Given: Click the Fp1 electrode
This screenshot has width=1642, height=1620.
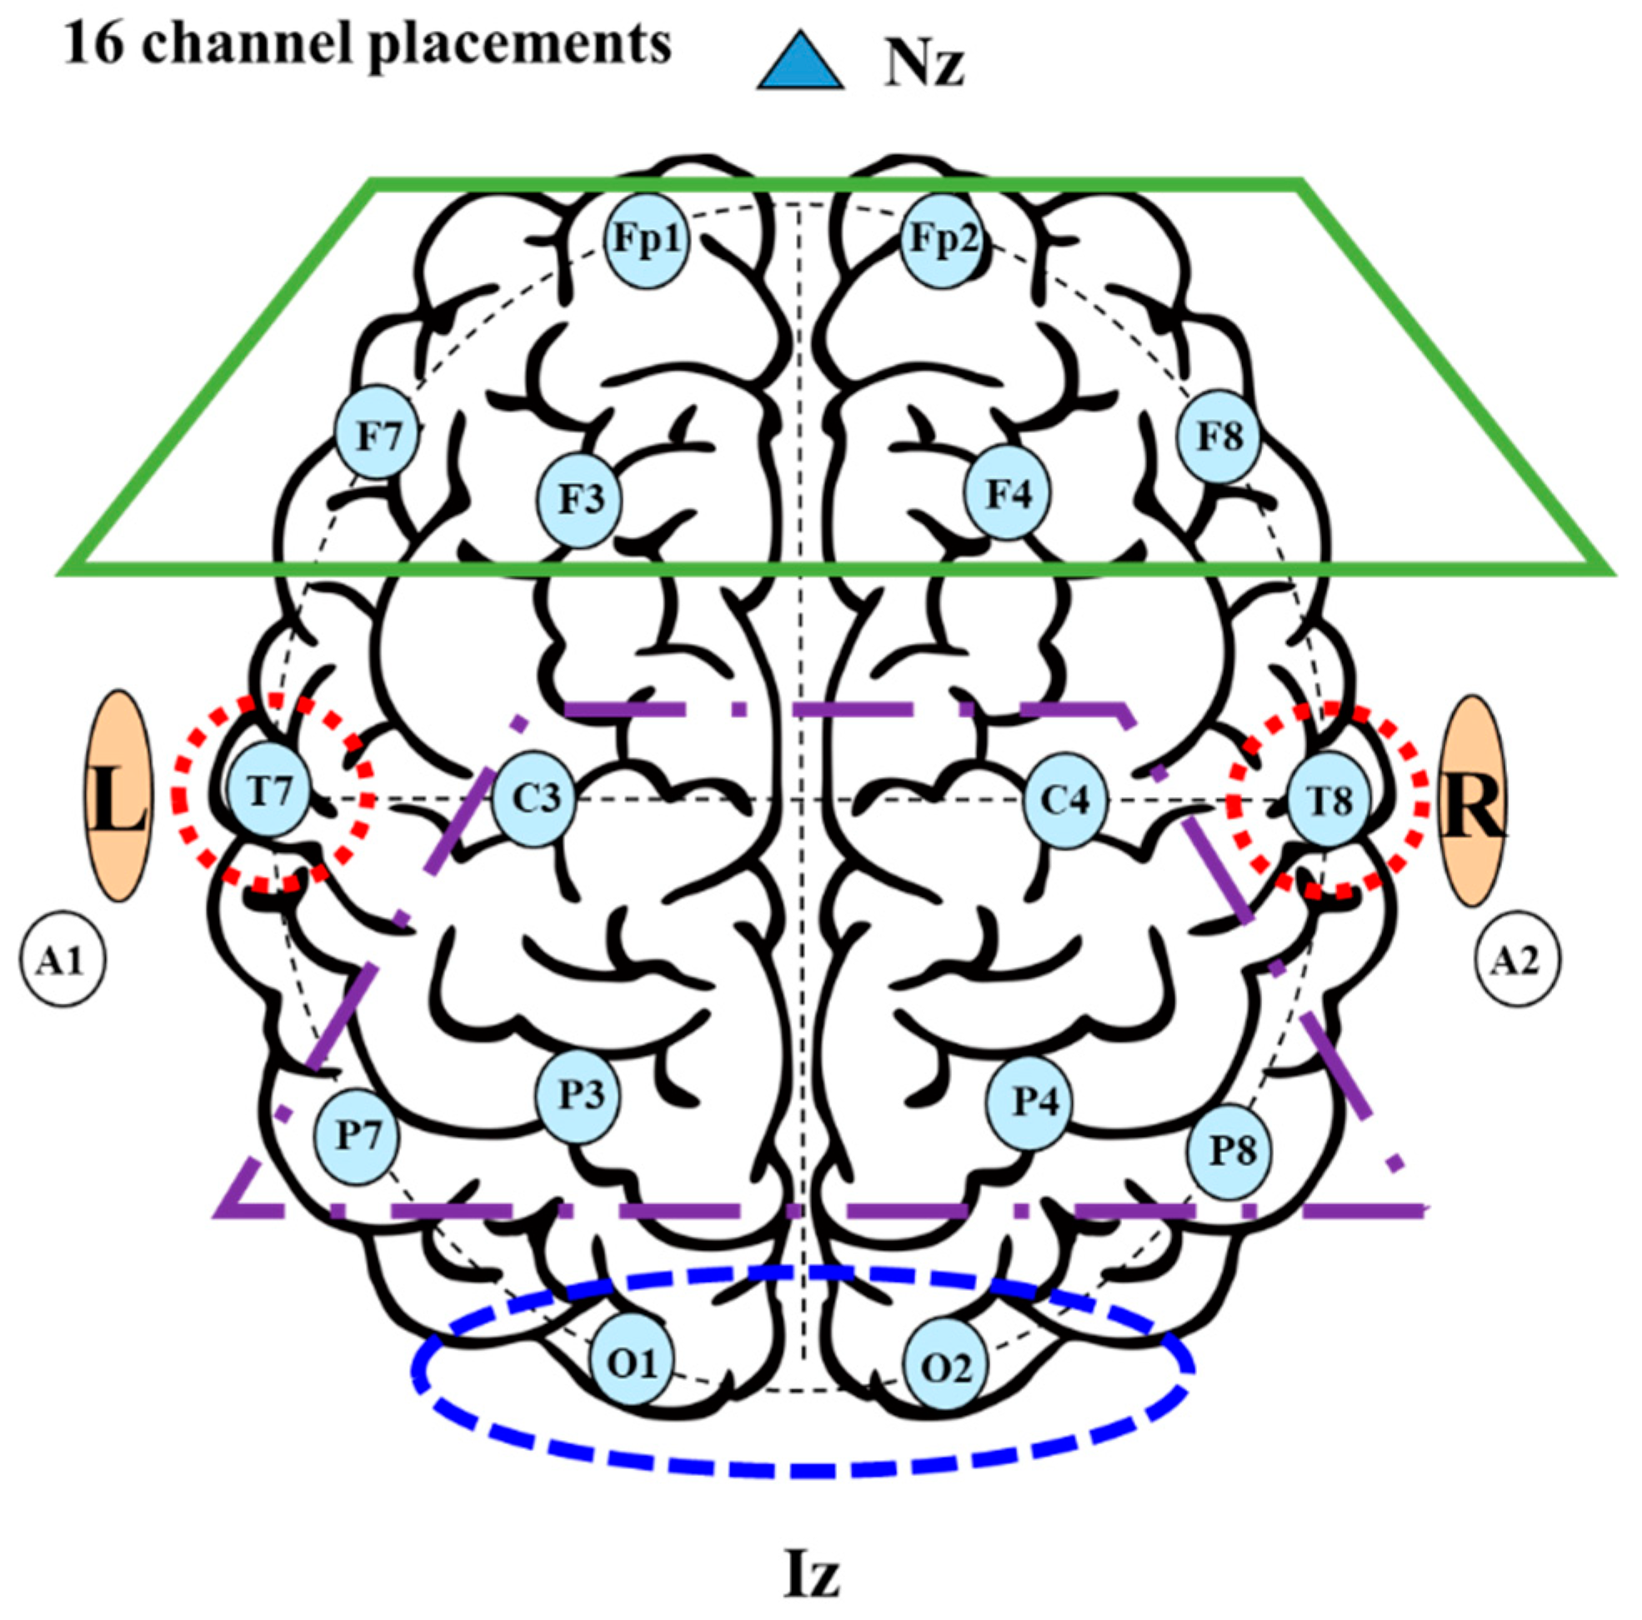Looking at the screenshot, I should [x=648, y=241].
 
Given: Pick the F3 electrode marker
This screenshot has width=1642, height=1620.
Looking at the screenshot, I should [x=580, y=500].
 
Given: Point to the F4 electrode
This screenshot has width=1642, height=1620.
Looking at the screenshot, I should [x=1007, y=493].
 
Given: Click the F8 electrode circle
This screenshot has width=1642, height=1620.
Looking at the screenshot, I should [x=1219, y=436].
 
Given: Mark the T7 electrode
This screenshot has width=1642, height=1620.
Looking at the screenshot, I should [x=269, y=790].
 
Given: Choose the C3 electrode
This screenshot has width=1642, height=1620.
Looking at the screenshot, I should [x=534, y=799].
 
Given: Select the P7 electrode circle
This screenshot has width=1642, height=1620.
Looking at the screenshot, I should [x=357, y=1135].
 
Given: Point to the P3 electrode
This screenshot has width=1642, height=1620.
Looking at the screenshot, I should [x=578, y=1096].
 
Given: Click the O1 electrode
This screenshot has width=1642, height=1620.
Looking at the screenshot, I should [x=633, y=1362].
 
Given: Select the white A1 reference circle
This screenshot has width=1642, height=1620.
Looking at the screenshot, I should [x=63, y=961].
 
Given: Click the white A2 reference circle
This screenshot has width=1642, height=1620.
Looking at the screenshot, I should [x=1516, y=961].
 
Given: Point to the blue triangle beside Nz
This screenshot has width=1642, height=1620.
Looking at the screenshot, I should [x=800, y=62].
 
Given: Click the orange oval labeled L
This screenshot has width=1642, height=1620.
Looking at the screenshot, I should [x=119, y=795].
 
